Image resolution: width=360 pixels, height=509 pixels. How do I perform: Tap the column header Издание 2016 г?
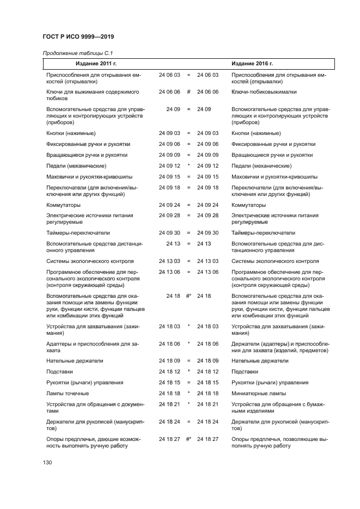pos(252,64)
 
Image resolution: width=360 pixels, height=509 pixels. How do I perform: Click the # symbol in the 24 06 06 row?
pos(188,92)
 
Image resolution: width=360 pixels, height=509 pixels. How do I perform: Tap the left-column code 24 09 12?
pos(169,165)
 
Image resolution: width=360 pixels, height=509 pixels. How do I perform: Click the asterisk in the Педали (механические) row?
pos(188,165)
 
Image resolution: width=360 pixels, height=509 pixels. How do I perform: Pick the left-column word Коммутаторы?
pos(64,205)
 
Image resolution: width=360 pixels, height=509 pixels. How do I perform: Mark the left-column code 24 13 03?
pos(169,261)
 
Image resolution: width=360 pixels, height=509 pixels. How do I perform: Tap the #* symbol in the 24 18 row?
pos(188,296)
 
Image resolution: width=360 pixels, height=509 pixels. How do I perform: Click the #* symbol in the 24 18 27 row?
pos(188,438)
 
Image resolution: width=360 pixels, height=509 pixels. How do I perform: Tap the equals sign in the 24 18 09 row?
pos(188,360)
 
